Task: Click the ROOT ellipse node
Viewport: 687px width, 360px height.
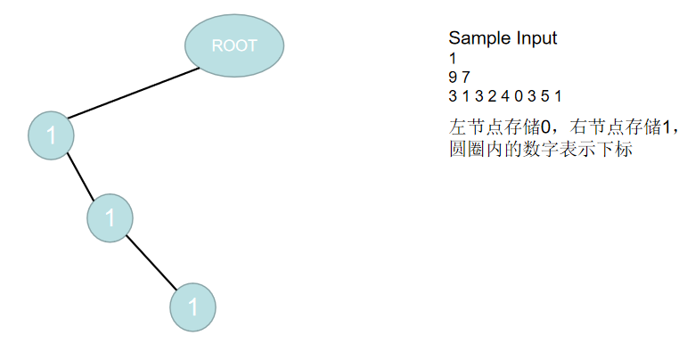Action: coord(234,45)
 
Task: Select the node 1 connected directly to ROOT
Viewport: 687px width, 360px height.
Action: coord(51,135)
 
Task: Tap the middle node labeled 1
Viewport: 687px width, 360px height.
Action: coord(110,217)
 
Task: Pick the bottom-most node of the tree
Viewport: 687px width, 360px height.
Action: coord(192,307)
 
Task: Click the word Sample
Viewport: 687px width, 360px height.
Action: coord(475,38)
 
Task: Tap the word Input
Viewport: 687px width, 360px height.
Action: coord(532,38)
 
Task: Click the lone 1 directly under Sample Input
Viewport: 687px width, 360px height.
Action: coord(452,58)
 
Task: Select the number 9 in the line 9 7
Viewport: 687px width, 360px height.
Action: coord(453,77)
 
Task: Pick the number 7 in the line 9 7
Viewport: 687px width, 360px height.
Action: coord(465,77)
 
